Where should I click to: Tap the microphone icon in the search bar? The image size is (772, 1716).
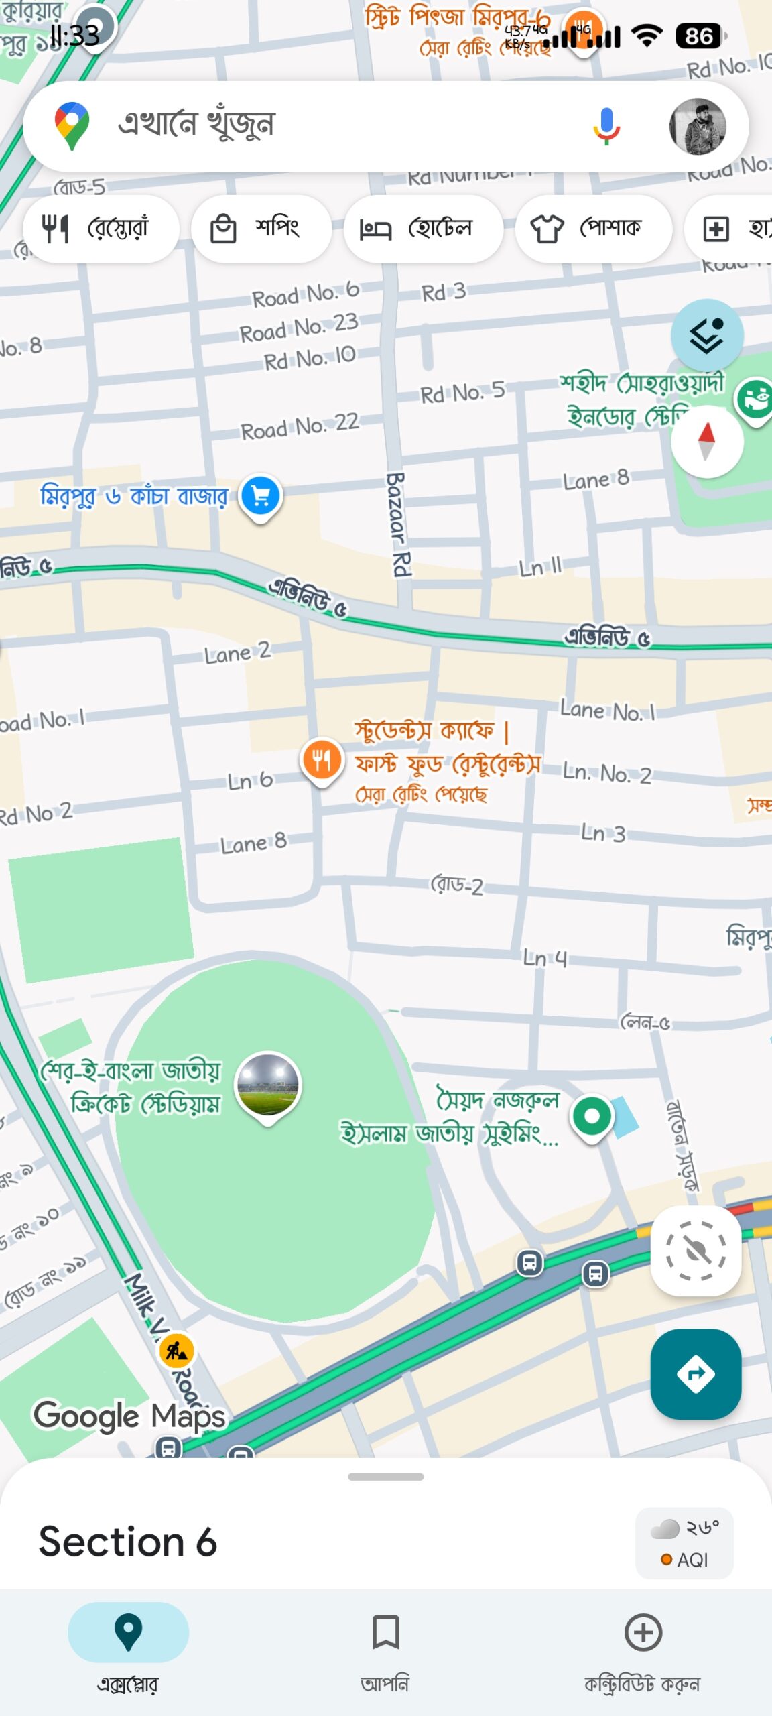pyautogui.click(x=606, y=126)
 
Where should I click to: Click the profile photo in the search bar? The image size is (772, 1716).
pyautogui.click(x=697, y=126)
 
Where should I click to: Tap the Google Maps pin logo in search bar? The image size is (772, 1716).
pyautogui.click(x=72, y=125)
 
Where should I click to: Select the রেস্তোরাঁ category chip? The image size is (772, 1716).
pyautogui.click(x=101, y=229)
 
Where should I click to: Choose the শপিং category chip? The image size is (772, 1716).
pyautogui.click(x=261, y=229)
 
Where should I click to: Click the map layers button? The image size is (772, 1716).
pyautogui.click(x=706, y=334)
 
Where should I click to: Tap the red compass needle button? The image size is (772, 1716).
pyautogui.click(x=706, y=442)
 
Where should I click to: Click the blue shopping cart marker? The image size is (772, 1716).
pyautogui.click(x=261, y=497)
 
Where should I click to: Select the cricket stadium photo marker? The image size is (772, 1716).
pyautogui.click(x=268, y=1085)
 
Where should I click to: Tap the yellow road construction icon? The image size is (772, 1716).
pyautogui.click(x=177, y=1351)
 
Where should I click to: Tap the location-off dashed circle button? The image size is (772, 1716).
pyautogui.click(x=696, y=1250)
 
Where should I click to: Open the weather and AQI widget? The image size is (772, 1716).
pyautogui.click(x=684, y=1543)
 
